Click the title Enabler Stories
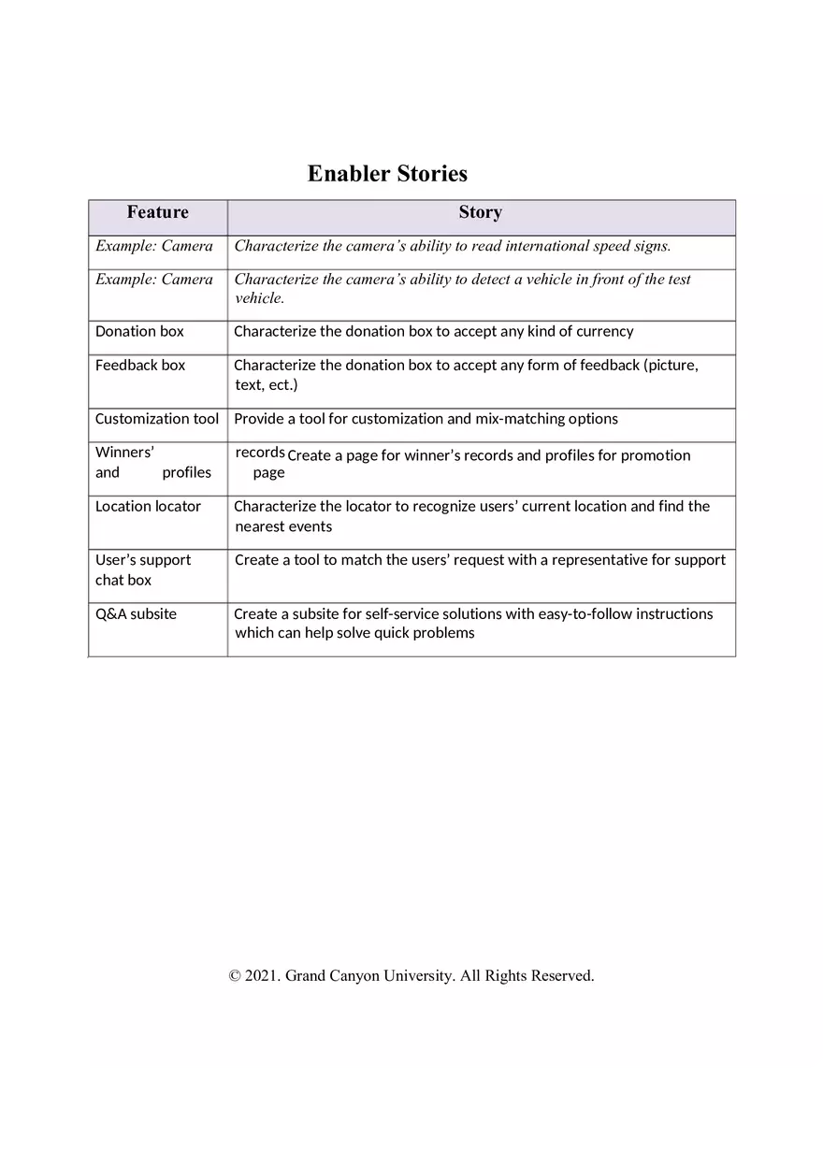387,174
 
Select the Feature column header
157,213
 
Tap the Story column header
480,213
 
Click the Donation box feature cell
139,332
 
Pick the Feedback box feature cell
140,366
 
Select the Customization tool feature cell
157,419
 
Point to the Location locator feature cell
148,507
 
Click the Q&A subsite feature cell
136,614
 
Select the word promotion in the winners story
656,456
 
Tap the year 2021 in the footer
263,976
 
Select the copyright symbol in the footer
235,976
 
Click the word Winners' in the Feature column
124,453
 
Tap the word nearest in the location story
258,527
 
